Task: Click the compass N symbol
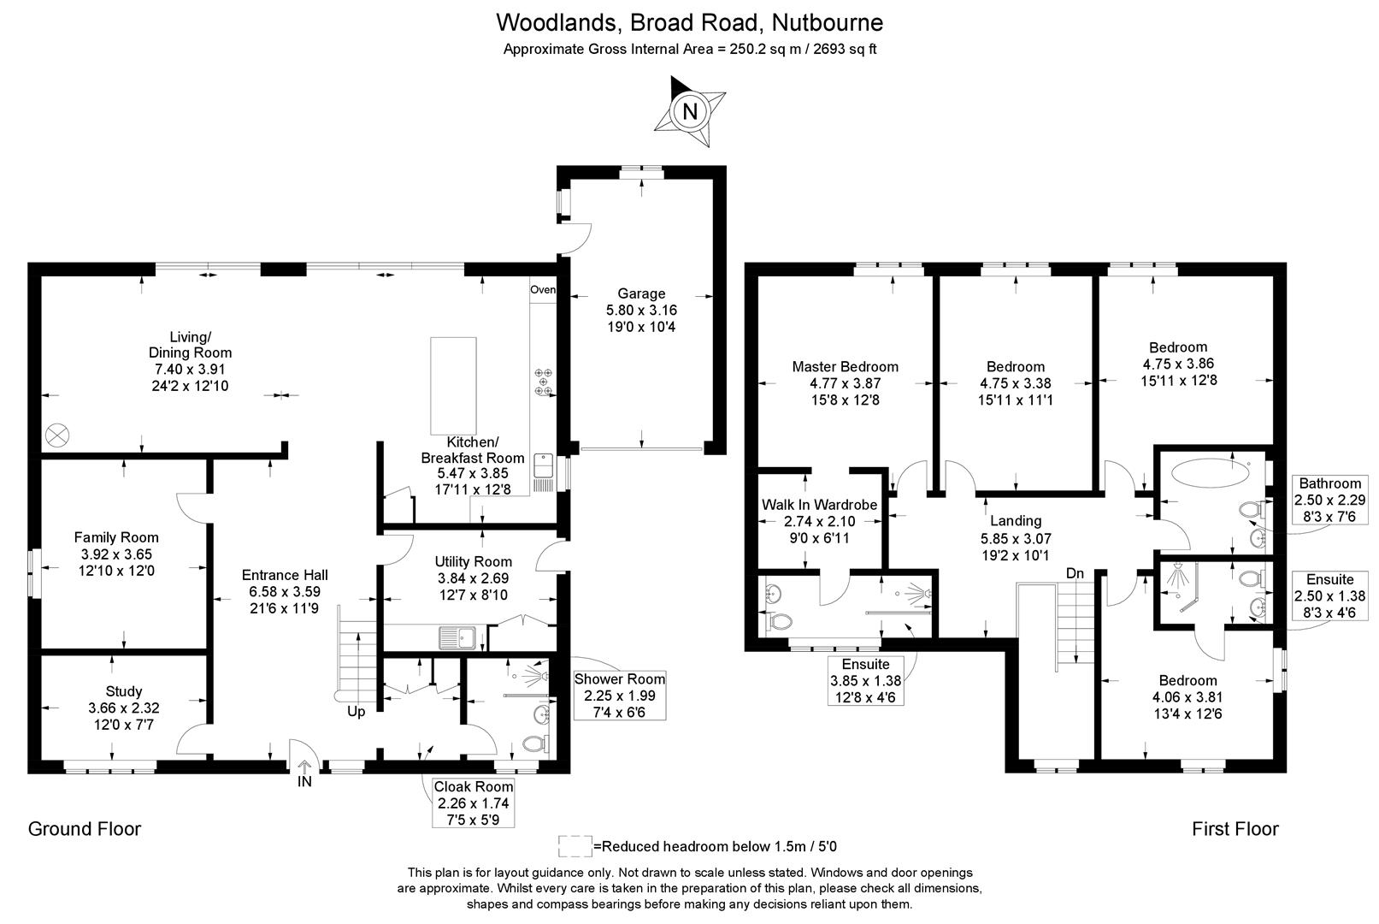pyautogui.click(x=691, y=111)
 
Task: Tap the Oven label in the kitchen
pyautogui.click(x=543, y=290)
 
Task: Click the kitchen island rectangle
pyautogui.click(x=453, y=386)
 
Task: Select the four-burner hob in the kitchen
pyautogui.click(x=543, y=382)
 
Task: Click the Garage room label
pyautogui.click(x=641, y=293)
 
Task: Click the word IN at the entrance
pyautogui.click(x=305, y=781)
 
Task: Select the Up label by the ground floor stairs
pyautogui.click(x=356, y=711)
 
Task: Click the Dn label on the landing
pyautogui.click(x=1075, y=572)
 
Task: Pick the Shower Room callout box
pyautogui.click(x=619, y=696)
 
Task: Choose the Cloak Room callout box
pyautogui.click(x=474, y=803)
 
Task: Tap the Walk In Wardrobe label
pyautogui.click(x=819, y=505)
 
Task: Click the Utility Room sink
pyautogui.click(x=457, y=637)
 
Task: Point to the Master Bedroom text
pyautogui.click(x=845, y=366)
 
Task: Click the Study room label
pyautogui.click(x=124, y=691)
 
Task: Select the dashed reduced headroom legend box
pyautogui.click(x=575, y=846)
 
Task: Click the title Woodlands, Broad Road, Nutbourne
pyautogui.click(x=690, y=21)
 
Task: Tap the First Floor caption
pyautogui.click(x=1235, y=828)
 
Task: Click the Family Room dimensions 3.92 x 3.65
pyautogui.click(x=116, y=554)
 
